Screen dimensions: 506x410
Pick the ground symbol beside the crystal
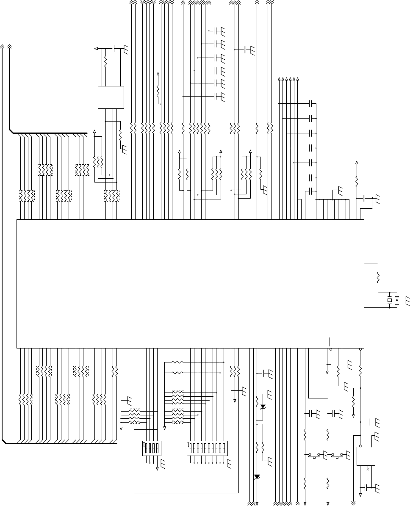(x=407, y=300)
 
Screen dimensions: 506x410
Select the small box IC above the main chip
(x=111, y=97)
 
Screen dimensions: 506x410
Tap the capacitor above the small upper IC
(x=113, y=49)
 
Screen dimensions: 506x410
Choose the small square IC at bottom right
(x=366, y=456)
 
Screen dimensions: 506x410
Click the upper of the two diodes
(x=263, y=406)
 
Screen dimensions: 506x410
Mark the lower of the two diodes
(x=257, y=476)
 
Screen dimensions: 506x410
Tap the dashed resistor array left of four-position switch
(x=134, y=416)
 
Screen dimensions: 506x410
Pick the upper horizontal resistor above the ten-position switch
(x=177, y=362)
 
